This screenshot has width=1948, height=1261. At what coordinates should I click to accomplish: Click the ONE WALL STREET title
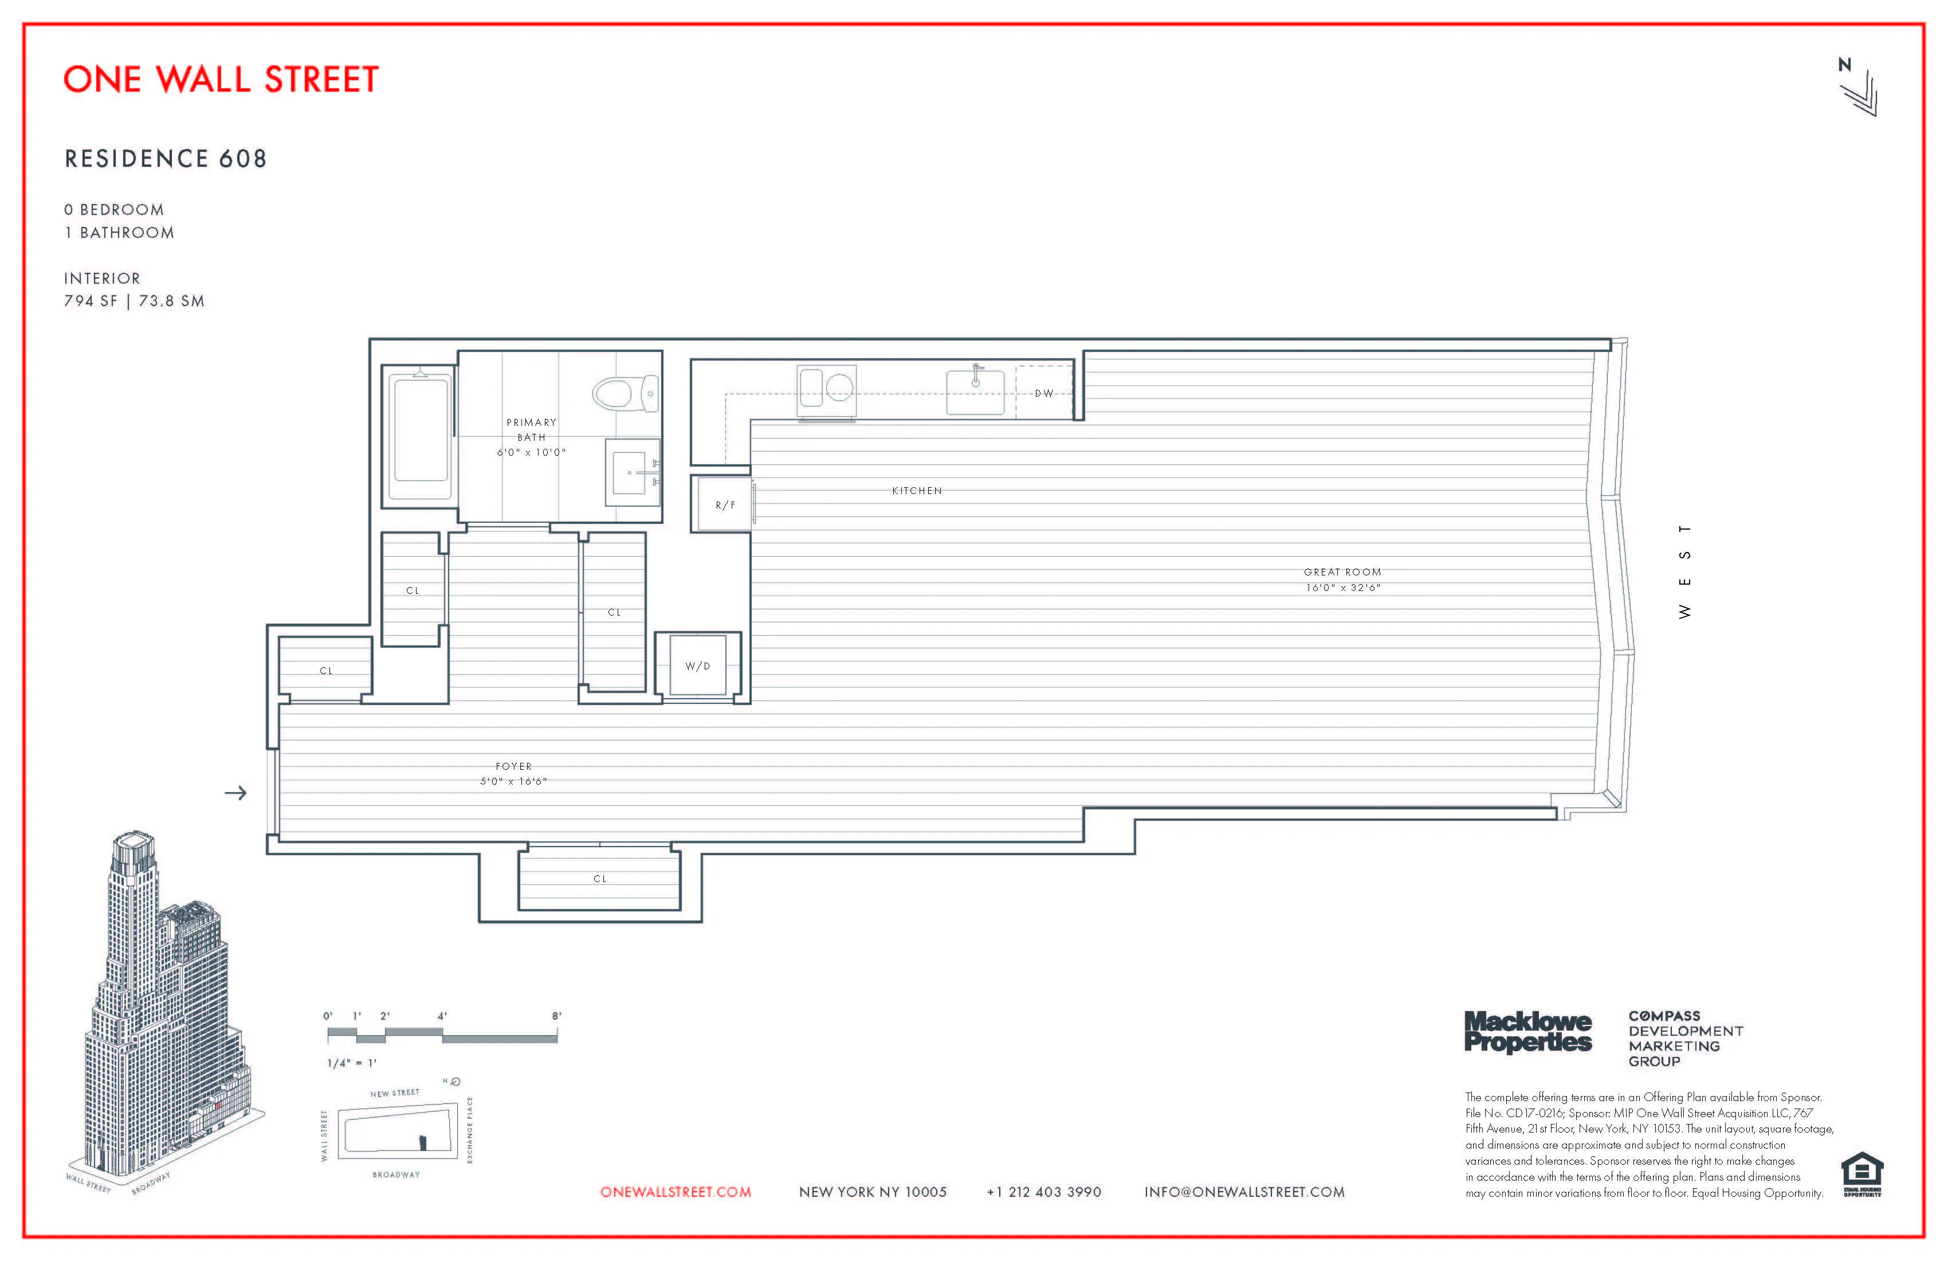coord(221,80)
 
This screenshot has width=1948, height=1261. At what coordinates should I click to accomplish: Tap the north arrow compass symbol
coord(1858,88)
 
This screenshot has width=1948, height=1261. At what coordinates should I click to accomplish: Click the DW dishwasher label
coord(1043,394)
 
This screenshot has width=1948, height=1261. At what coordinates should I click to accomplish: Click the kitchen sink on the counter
coord(975,391)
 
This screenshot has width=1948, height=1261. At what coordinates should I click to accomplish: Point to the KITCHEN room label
coord(917,491)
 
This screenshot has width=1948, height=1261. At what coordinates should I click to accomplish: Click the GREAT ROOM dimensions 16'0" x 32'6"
coord(1342,587)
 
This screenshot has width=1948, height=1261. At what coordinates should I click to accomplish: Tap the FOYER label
coord(513,766)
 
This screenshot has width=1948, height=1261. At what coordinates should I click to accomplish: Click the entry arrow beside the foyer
coord(235,793)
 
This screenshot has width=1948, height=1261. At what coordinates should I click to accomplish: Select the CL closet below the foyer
coord(599,879)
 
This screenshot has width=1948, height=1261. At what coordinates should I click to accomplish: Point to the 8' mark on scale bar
coord(556,1016)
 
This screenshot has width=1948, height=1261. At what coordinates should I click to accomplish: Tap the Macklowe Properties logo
coord(1527,1032)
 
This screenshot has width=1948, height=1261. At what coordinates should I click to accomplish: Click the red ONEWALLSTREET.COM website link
coord(675,1192)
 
